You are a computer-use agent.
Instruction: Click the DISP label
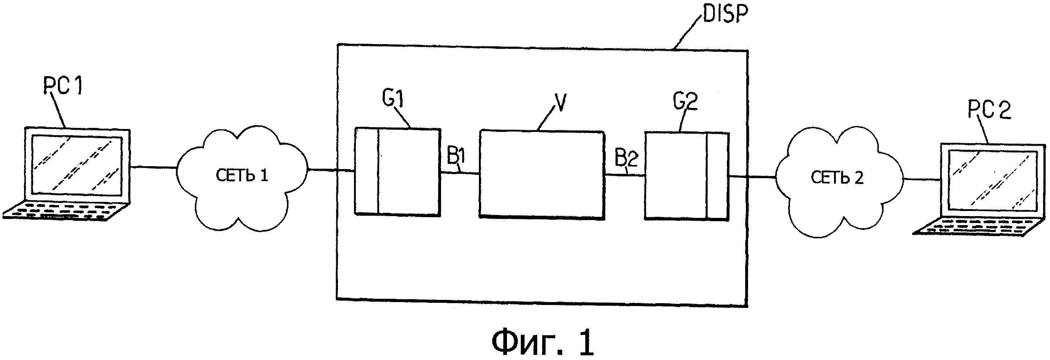(x=725, y=14)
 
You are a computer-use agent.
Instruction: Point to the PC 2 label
(x=989, y=110)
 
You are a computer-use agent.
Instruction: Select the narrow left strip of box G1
(x=366, y=171)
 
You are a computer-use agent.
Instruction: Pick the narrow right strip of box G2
(x=718, y=176)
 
